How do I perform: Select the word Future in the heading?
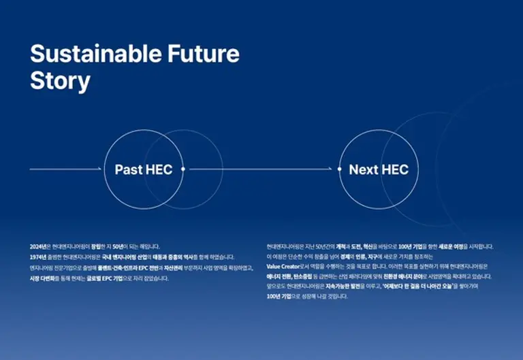click(206, 54)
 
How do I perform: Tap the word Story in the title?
click(60, 80)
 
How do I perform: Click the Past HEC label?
click(143, 169)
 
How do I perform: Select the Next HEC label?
click(379, 169)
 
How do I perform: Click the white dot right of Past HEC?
click(183, 169)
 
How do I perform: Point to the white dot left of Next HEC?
click(340, 169)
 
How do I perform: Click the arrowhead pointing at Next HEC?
click(331, 169)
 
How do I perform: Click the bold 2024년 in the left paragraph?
click(37, 246)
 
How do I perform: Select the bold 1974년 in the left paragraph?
click(37, 257)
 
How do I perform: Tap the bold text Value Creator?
click(283, 267)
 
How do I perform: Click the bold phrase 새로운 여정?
click(447, 246)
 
